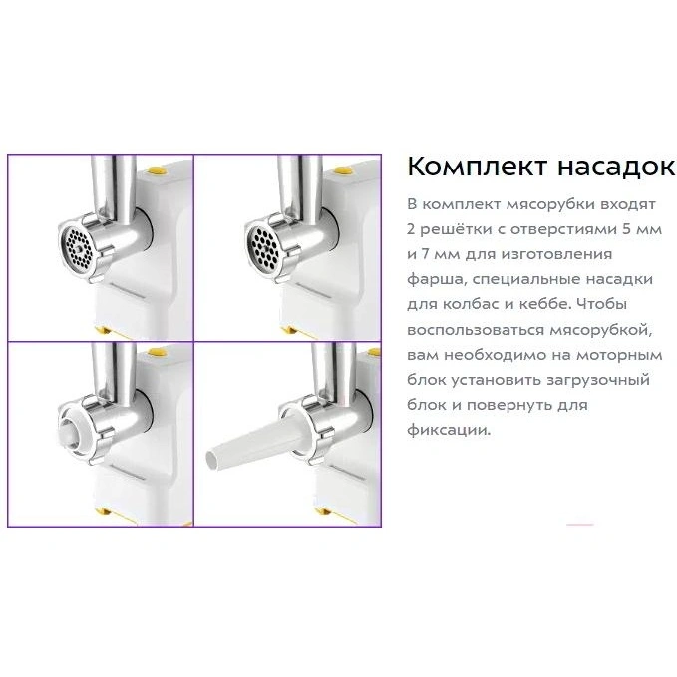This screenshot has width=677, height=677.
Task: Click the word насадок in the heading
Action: click(x=616, y=167)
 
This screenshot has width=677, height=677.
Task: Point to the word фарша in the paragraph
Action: click(x=436, y=280)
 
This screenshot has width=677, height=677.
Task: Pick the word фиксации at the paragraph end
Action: click(x=449, y=430)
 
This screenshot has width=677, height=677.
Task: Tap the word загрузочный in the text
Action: click(x=597, y=381)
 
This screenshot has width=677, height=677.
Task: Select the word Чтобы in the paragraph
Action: click(x=603, y=304)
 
